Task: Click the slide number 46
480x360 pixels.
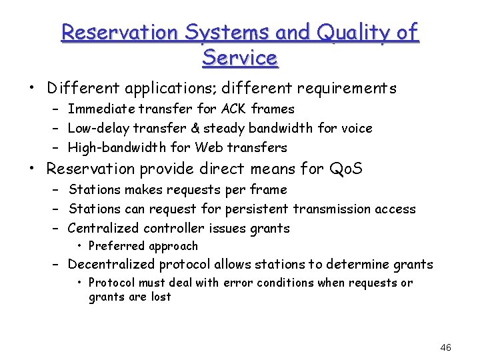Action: (446, 347)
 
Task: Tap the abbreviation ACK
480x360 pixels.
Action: (235, 109)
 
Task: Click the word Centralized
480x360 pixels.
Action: (103, 228)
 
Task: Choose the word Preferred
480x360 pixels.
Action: (117, 246)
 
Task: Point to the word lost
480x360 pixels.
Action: (161, 297)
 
